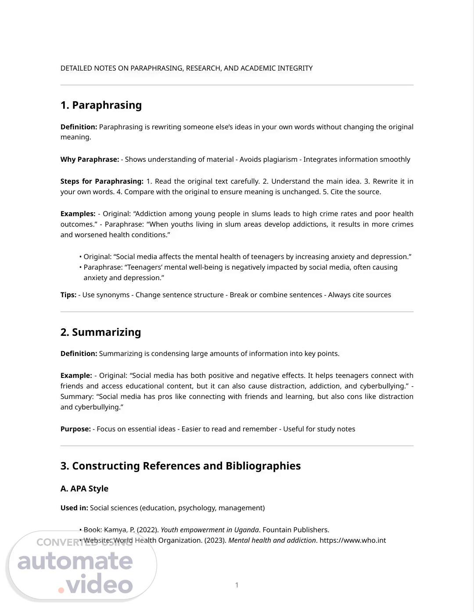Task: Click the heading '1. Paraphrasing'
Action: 101,105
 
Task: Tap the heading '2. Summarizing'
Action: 101,332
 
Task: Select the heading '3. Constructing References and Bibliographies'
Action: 180,466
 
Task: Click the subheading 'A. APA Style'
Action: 84,489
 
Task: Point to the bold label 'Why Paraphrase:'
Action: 90,160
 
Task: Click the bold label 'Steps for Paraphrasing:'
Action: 102,181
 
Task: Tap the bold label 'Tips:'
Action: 68,295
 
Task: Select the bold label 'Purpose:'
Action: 75,429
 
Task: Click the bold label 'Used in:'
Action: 74,508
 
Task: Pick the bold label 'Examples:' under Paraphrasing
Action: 78,214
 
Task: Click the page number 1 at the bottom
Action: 237,585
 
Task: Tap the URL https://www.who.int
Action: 352,541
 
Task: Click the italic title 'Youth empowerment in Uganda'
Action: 210,530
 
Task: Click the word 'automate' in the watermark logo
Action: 75,562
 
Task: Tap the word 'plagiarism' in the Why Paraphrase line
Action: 280,160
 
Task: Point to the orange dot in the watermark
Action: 61,590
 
